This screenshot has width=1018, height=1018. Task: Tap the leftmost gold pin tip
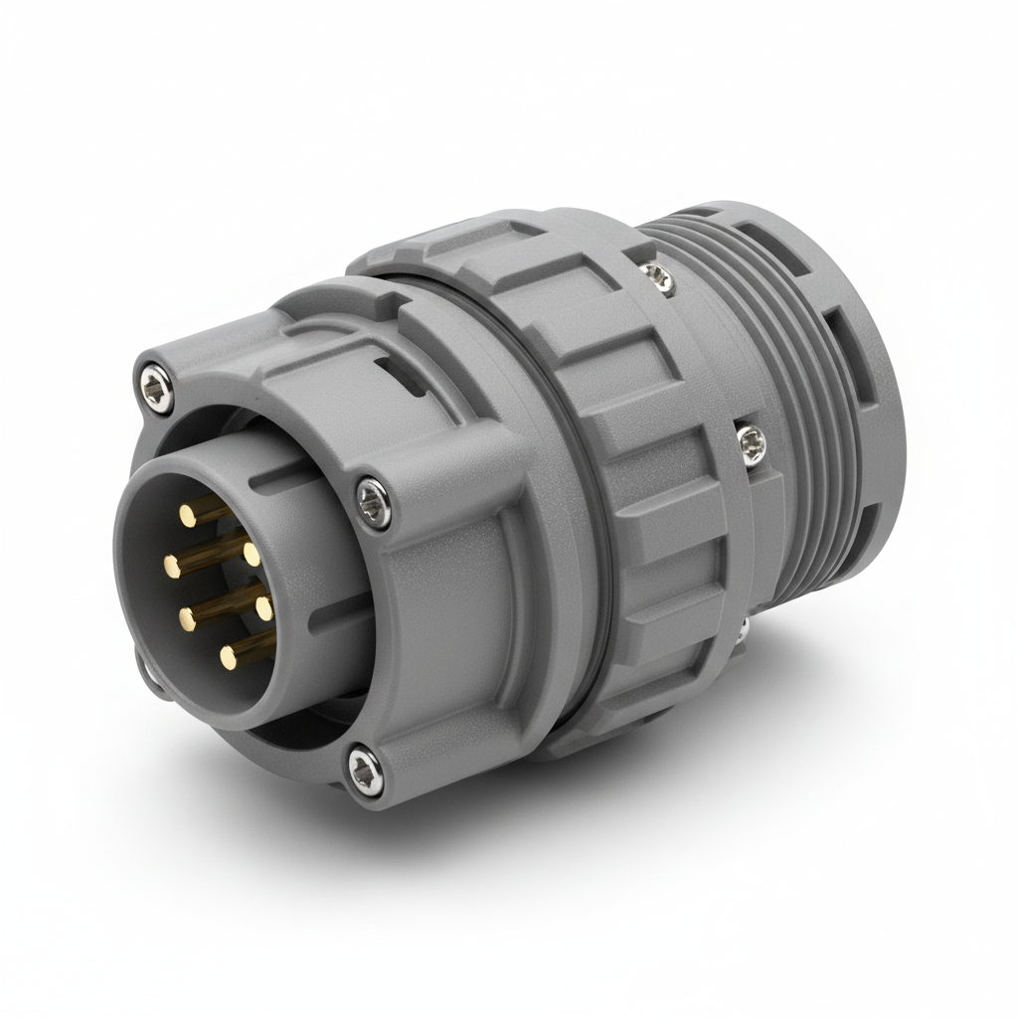pyautogui.click(x=172, y=568)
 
